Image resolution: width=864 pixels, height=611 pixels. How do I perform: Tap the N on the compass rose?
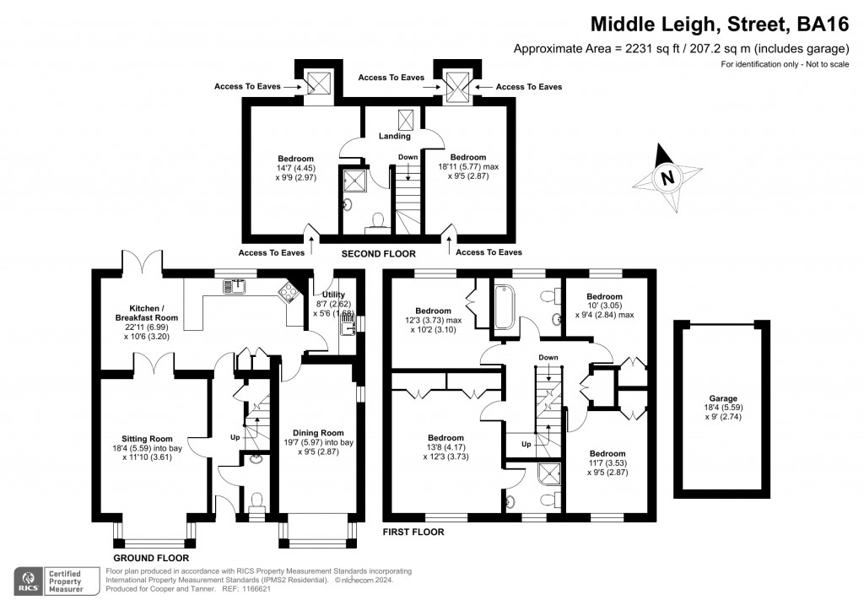coord(667,178)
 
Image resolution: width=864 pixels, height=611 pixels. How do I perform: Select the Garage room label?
coord(723,398)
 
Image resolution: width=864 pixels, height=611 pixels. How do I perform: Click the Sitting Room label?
coord(148,439)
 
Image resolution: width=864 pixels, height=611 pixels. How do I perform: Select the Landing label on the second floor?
coord(394,136)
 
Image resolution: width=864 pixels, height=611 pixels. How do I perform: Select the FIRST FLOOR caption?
coord(413,533)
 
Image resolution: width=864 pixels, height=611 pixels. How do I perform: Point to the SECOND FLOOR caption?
coord(378,253)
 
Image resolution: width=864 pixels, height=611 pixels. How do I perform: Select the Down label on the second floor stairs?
coord(408,157)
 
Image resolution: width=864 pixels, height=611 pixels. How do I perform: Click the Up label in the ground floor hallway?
coord(235,437)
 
